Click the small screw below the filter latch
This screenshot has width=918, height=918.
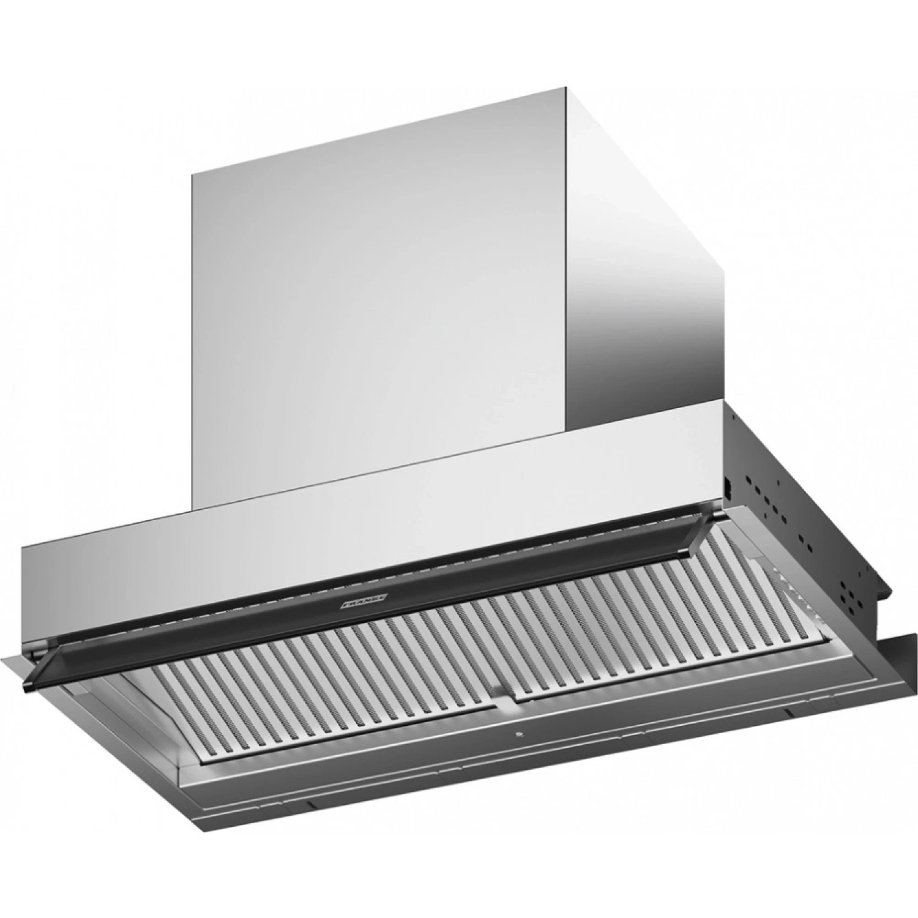click(x=518, y=734)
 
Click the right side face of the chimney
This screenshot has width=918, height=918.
click(x=643, y=257)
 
